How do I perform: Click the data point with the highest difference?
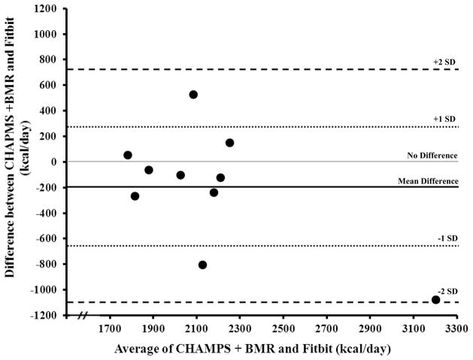click(193, 95)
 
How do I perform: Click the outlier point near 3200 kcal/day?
click(436, 299)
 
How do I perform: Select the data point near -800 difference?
click(202, 265)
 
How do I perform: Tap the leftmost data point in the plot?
click(128, 155)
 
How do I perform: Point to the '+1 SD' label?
click(444, 119)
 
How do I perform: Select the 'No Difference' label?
click(432, 155)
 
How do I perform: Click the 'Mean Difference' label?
click(429, 180)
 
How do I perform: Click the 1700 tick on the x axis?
click(111, 328)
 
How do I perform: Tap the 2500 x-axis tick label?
click(283, 328)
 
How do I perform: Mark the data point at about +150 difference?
click(229, 143)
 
